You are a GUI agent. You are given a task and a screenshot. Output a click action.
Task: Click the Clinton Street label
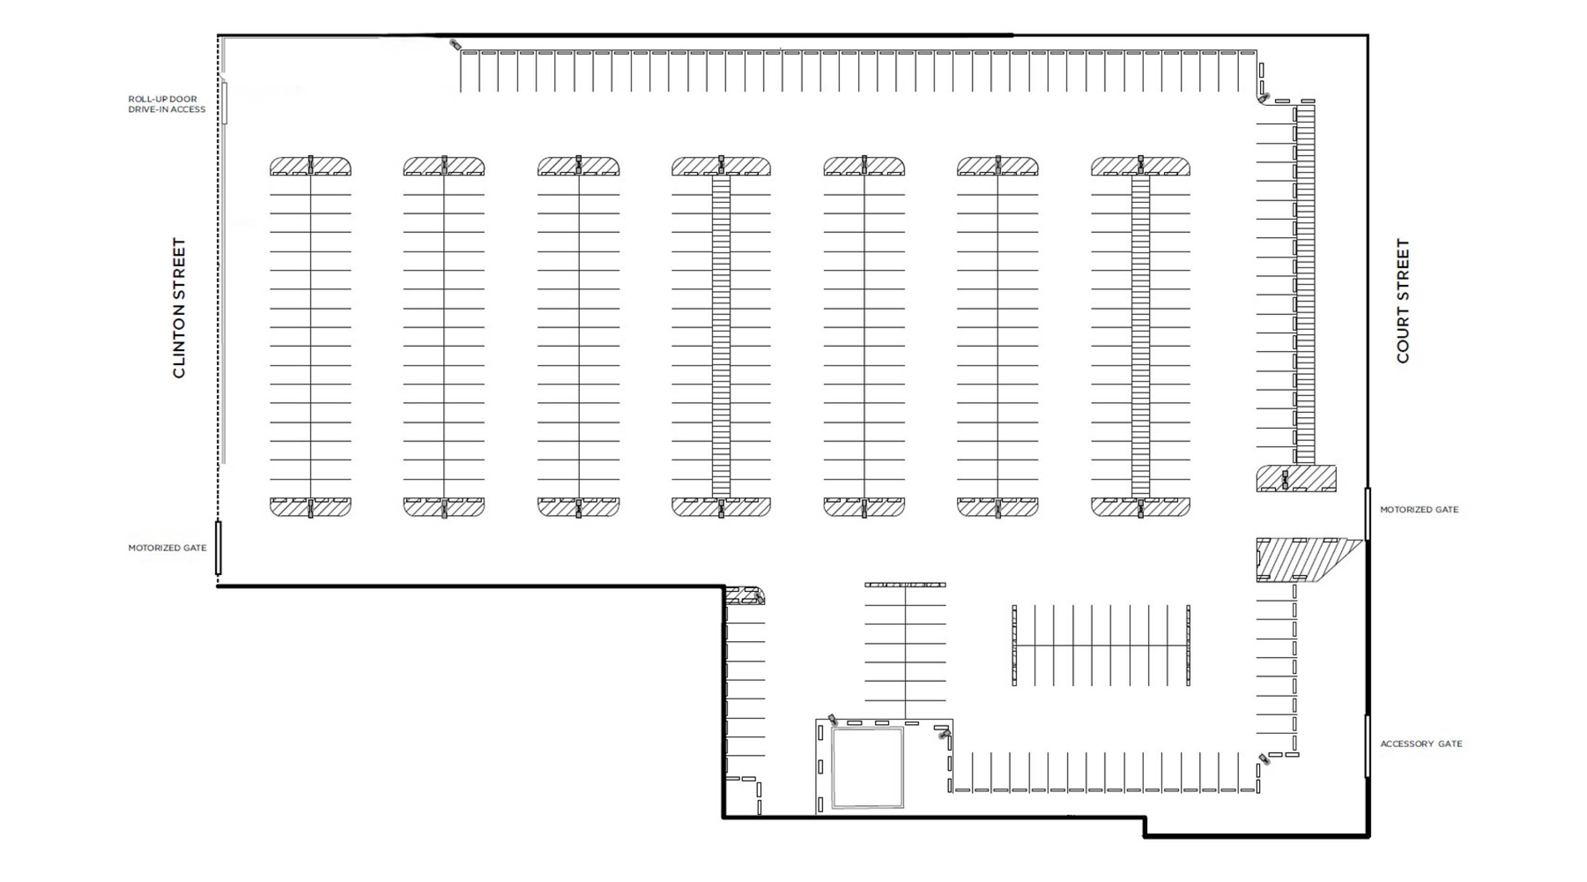coord(179,308)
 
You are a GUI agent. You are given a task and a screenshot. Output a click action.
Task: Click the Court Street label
coord(1403,301)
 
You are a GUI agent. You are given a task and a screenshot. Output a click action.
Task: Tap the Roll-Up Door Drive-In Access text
coord(166,104)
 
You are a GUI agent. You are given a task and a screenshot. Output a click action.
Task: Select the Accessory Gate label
coord(1421,744)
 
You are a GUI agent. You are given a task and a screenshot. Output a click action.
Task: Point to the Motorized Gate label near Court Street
coord(1419,510)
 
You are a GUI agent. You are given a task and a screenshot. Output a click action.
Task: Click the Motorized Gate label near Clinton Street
coord(167,548)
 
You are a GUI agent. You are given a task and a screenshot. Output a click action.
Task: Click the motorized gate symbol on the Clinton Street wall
coord(218,548)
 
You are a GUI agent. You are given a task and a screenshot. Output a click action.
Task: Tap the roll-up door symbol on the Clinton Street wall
coord(225,102)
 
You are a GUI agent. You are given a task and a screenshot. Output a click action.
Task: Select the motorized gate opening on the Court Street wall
coord(1367,514)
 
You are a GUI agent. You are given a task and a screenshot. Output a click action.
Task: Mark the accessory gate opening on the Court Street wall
coord(1367,746)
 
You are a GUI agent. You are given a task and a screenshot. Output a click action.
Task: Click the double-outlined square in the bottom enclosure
coord(868,767)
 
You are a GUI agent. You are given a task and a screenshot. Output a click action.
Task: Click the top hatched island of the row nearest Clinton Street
coord(311,166)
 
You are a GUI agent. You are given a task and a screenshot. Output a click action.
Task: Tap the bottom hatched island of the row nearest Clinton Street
coord(311,507)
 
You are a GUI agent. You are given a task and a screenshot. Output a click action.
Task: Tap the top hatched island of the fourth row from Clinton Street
coord(721,166)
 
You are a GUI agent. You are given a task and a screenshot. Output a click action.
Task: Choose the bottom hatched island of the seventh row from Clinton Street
coord(1141,507)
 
